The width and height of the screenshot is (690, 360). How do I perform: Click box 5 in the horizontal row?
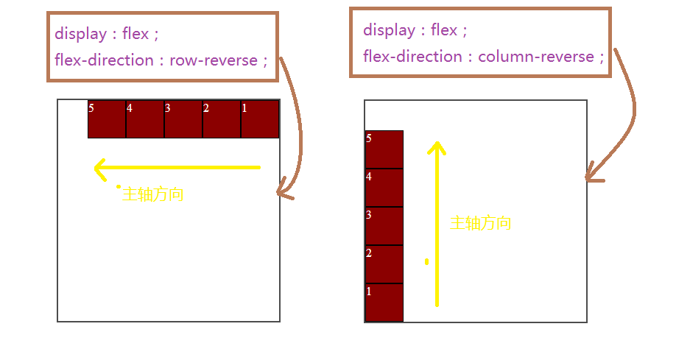coord(107,119)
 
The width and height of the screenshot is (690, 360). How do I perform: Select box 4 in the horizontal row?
coord(145,119)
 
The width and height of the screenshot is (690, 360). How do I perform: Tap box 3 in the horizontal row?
coord(183,119)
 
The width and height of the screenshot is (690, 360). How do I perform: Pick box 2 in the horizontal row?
coord(222,119)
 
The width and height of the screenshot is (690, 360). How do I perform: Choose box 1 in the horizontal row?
coord(260,119)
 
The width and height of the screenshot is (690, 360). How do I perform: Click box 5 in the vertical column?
coord(384,149)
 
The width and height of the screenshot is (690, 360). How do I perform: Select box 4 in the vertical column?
coord(384,188)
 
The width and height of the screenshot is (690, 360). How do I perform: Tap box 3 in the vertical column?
coord(384,226)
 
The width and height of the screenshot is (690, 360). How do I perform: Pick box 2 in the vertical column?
coord(384,264)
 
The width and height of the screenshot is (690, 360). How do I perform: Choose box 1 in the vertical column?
coord(384,303)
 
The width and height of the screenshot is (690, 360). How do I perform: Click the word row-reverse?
coord(214,60)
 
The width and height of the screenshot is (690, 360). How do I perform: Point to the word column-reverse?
coord(536,57)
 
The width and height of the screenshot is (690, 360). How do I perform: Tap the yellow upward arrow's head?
coord(437,147)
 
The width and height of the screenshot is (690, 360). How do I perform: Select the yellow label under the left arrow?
coord(152,195)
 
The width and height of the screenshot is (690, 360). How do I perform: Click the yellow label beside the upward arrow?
coord(480,224)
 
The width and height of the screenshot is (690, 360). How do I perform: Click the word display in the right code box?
coord(389,30)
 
